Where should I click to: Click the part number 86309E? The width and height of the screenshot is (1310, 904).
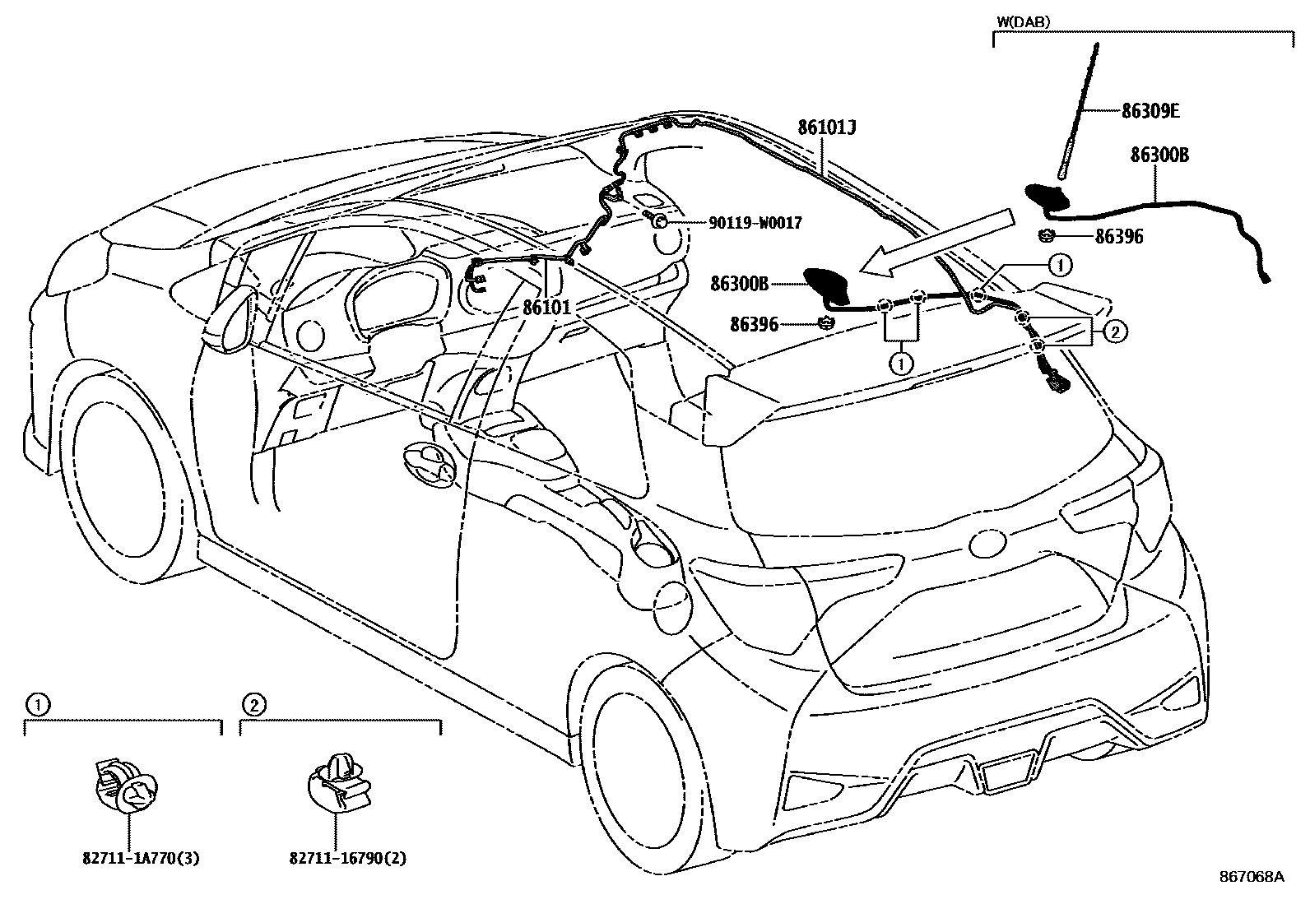pos(1150,111)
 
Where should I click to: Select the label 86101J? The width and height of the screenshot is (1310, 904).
pos(827,127)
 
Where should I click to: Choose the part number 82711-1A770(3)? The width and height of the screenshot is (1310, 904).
pos(141,858)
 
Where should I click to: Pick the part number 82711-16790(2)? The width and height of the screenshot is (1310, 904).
pos(348,858)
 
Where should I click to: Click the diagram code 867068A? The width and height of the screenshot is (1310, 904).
pos(1252,877)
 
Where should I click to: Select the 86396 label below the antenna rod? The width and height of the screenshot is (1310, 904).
pos(1118,237)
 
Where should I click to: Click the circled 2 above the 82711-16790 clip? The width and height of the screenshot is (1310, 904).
pos(254,704)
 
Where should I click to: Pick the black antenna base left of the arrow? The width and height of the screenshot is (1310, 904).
pos(825,284)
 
